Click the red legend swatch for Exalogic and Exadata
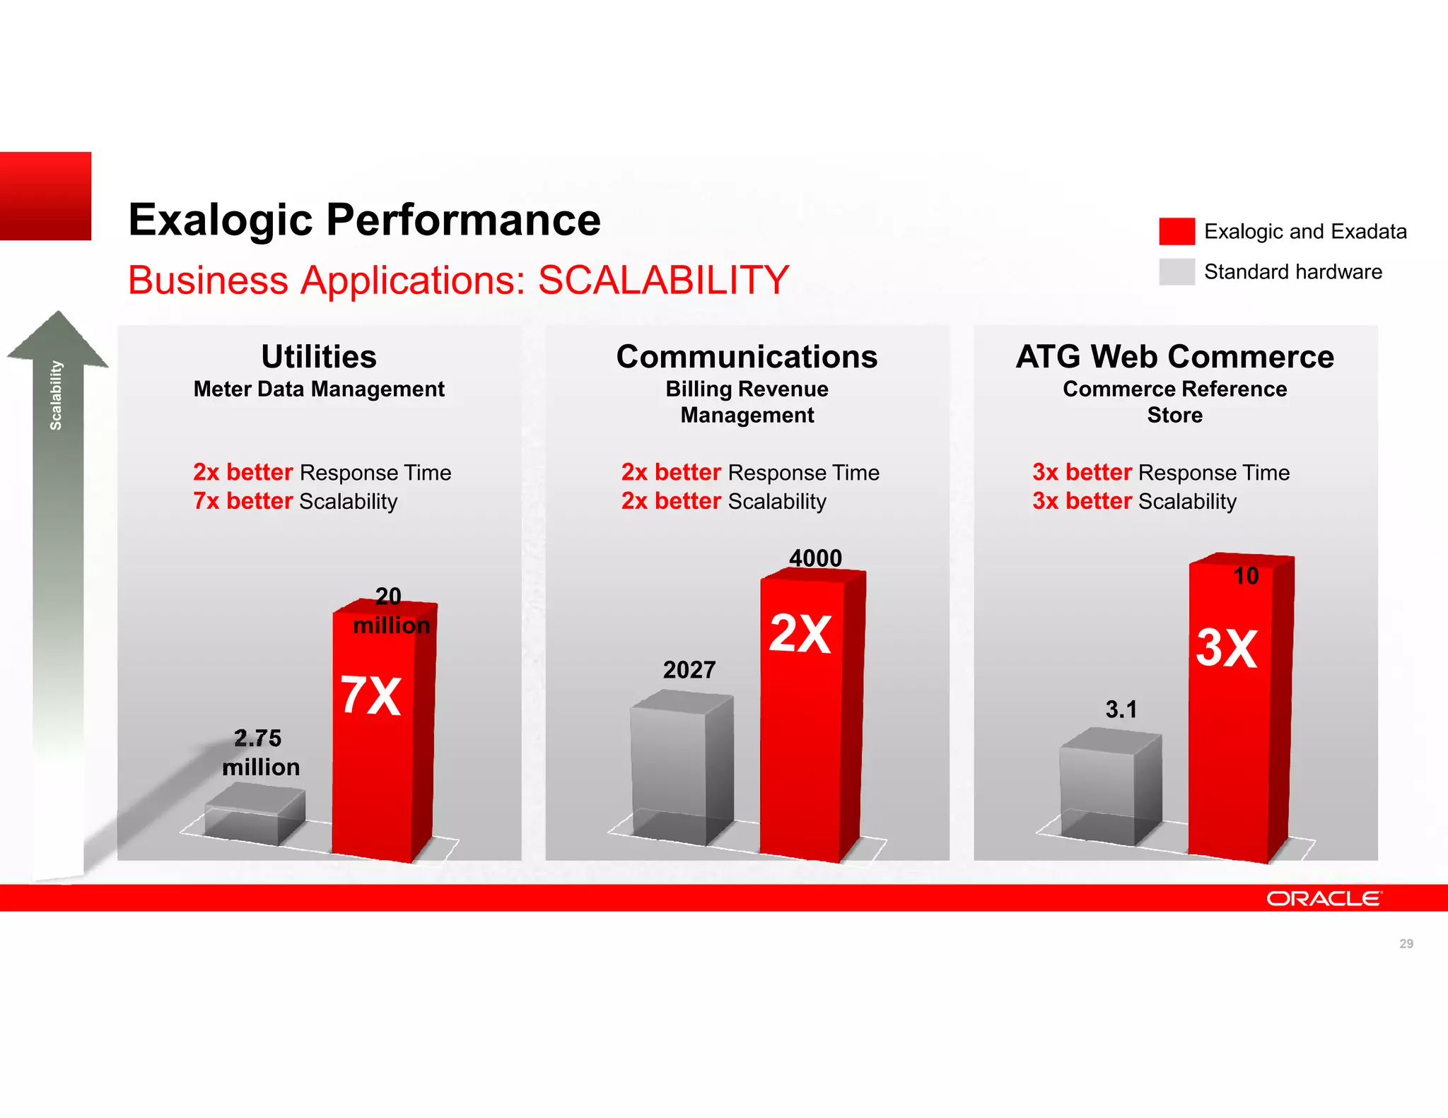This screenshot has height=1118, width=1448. coord(1176,231)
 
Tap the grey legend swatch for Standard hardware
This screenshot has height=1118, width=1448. coord(1176,271)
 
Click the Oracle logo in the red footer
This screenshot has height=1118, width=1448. coord(1323,898)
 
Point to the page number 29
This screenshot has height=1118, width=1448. coord(1406,943)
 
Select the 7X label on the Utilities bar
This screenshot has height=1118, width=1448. coord(371,696)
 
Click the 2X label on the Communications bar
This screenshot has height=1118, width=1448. coord(800,633)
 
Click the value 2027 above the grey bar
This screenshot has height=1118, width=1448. coord(689,670)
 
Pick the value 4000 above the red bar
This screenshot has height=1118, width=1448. coord(816,558)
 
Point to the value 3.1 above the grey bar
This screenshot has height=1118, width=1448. coord(1121,710)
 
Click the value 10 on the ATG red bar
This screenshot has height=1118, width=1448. coord(1246,576)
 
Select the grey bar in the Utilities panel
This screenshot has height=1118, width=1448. coord(255,816)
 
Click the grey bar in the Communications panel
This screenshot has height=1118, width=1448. coord(681,767)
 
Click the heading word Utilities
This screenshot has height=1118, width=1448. coord(319,357)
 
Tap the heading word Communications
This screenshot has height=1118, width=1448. coord(747,357)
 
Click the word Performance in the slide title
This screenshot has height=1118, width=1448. coord(463,220)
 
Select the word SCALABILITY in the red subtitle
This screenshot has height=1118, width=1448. coord(663,280)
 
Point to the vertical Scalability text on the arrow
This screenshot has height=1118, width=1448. coord(56,395)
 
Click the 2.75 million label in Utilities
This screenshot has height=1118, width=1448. coord(260,753)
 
